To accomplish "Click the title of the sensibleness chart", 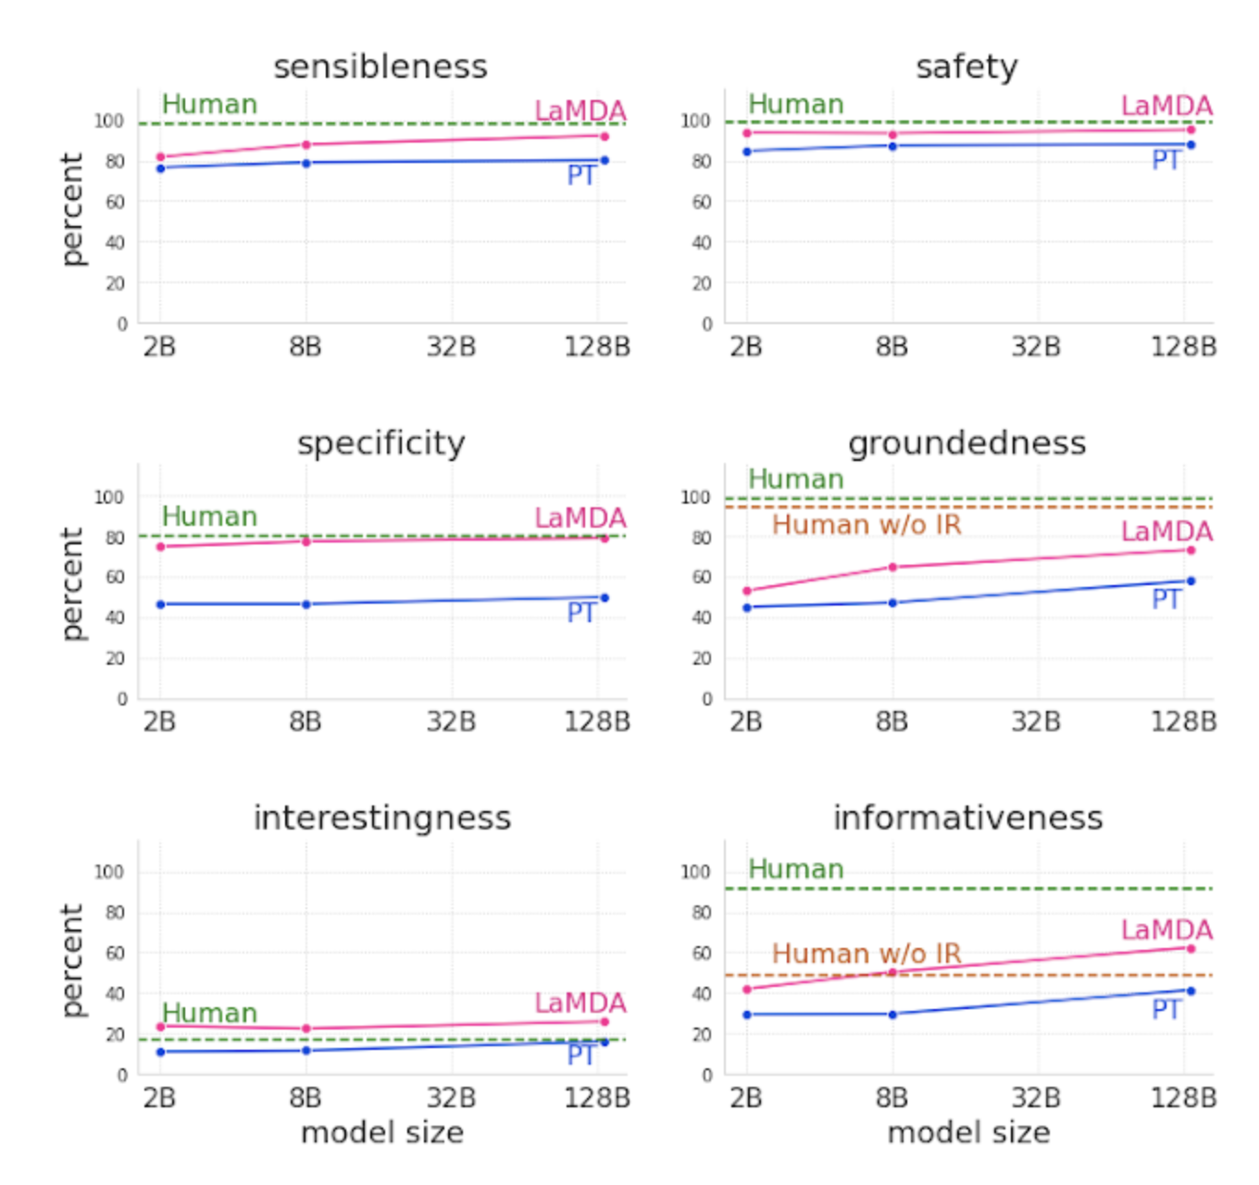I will [380, 67].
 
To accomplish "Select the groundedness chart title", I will [966, 443].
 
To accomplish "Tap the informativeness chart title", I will [967, 818].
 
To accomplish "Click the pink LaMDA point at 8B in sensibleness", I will [306, 144].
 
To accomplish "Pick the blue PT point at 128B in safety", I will [1190, 144].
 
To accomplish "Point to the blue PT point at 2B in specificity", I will [160, 605].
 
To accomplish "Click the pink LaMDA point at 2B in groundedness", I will [747, 591].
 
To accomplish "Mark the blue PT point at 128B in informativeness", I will [1190, 991].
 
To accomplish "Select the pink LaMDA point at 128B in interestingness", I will [605, 1021].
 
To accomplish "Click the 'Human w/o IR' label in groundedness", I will [866, 525].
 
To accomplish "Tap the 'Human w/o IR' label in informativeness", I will [866, 954].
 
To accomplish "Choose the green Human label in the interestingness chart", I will [209, 1013].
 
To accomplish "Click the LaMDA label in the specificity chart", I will [580, 518].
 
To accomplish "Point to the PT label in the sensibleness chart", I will [581, 176].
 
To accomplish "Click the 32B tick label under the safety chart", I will [1036, 347].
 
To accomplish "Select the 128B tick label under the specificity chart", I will [597, 722].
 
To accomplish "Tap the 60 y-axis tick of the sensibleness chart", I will [115, 202].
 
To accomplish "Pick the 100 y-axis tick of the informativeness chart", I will [695, 872].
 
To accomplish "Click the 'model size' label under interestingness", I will [382, 1132].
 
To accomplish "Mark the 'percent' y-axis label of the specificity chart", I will [72, 584].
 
